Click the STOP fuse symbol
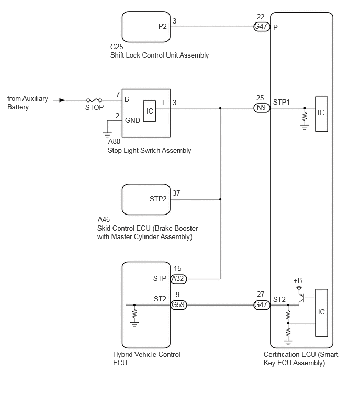[x=94, y=100]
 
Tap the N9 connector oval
[x=262, y=108]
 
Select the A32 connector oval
[x=178, y=279]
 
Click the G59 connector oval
[x=178, y=305]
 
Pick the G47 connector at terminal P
[x=262, y=27]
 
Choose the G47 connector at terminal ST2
[x=262, y=305]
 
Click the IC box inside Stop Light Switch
[x=150, y=111]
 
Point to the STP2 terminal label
[x=158, y=199]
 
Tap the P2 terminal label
[x=163, y=27]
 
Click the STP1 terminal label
[x=282, y=102]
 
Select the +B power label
[x=298, y=280]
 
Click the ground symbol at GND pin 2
[x=107, y=134]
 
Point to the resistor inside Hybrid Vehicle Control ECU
[x=134, y=314]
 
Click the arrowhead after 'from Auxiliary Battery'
[x=62, y=100]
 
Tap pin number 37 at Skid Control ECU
[x=176, y=193]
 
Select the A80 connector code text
[x=115, y=141]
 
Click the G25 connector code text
[x=117, y=47]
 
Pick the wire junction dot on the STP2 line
[x=220, y=199]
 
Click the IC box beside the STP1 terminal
[x=321, y=114]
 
